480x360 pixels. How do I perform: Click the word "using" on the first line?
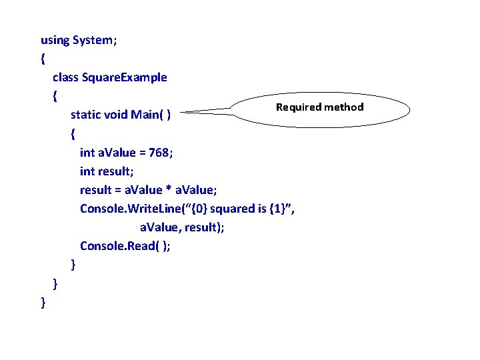(55, 40)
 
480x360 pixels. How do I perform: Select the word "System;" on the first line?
(95, 40)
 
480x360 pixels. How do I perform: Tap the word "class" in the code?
(65, 77)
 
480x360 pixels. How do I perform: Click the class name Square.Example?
(125, 77)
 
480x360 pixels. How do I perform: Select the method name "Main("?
(148, 115)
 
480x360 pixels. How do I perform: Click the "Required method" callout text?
(320, 107)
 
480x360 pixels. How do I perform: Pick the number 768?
(161, 152)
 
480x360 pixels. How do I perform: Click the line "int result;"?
(108, 171)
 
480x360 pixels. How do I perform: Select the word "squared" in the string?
(234, 209)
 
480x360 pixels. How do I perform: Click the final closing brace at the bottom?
(43, 302)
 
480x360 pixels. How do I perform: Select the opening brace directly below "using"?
(43, 59)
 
